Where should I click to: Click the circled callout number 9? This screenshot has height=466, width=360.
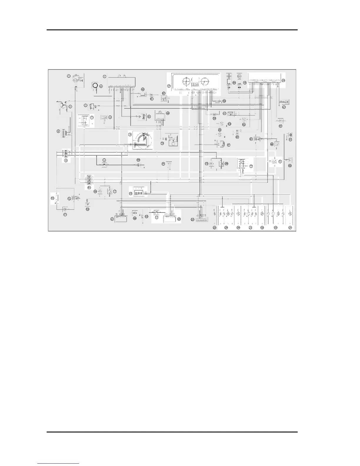[66, 161]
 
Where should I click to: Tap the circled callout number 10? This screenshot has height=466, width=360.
[52, 198]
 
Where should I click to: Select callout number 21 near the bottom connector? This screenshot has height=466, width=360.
[112, 219]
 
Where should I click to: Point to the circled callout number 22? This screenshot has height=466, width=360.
[134, 218]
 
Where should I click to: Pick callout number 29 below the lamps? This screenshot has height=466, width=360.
[226, 228]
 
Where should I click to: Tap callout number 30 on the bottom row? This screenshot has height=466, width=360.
[238, 228]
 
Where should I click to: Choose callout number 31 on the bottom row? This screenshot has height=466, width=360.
[251, 228]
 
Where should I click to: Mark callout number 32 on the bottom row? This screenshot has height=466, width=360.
[262, 228]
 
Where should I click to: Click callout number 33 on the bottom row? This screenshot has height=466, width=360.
[276, 228]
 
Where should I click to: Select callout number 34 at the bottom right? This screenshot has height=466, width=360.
[290, 228]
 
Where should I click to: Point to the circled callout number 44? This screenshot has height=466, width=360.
[272, 144]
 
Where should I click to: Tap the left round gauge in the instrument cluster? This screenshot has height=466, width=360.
[186, 81]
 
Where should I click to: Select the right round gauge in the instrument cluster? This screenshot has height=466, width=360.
[204, 81]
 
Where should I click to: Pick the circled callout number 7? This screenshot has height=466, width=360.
[92, 117]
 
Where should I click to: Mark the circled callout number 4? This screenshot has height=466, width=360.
[59, 131]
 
